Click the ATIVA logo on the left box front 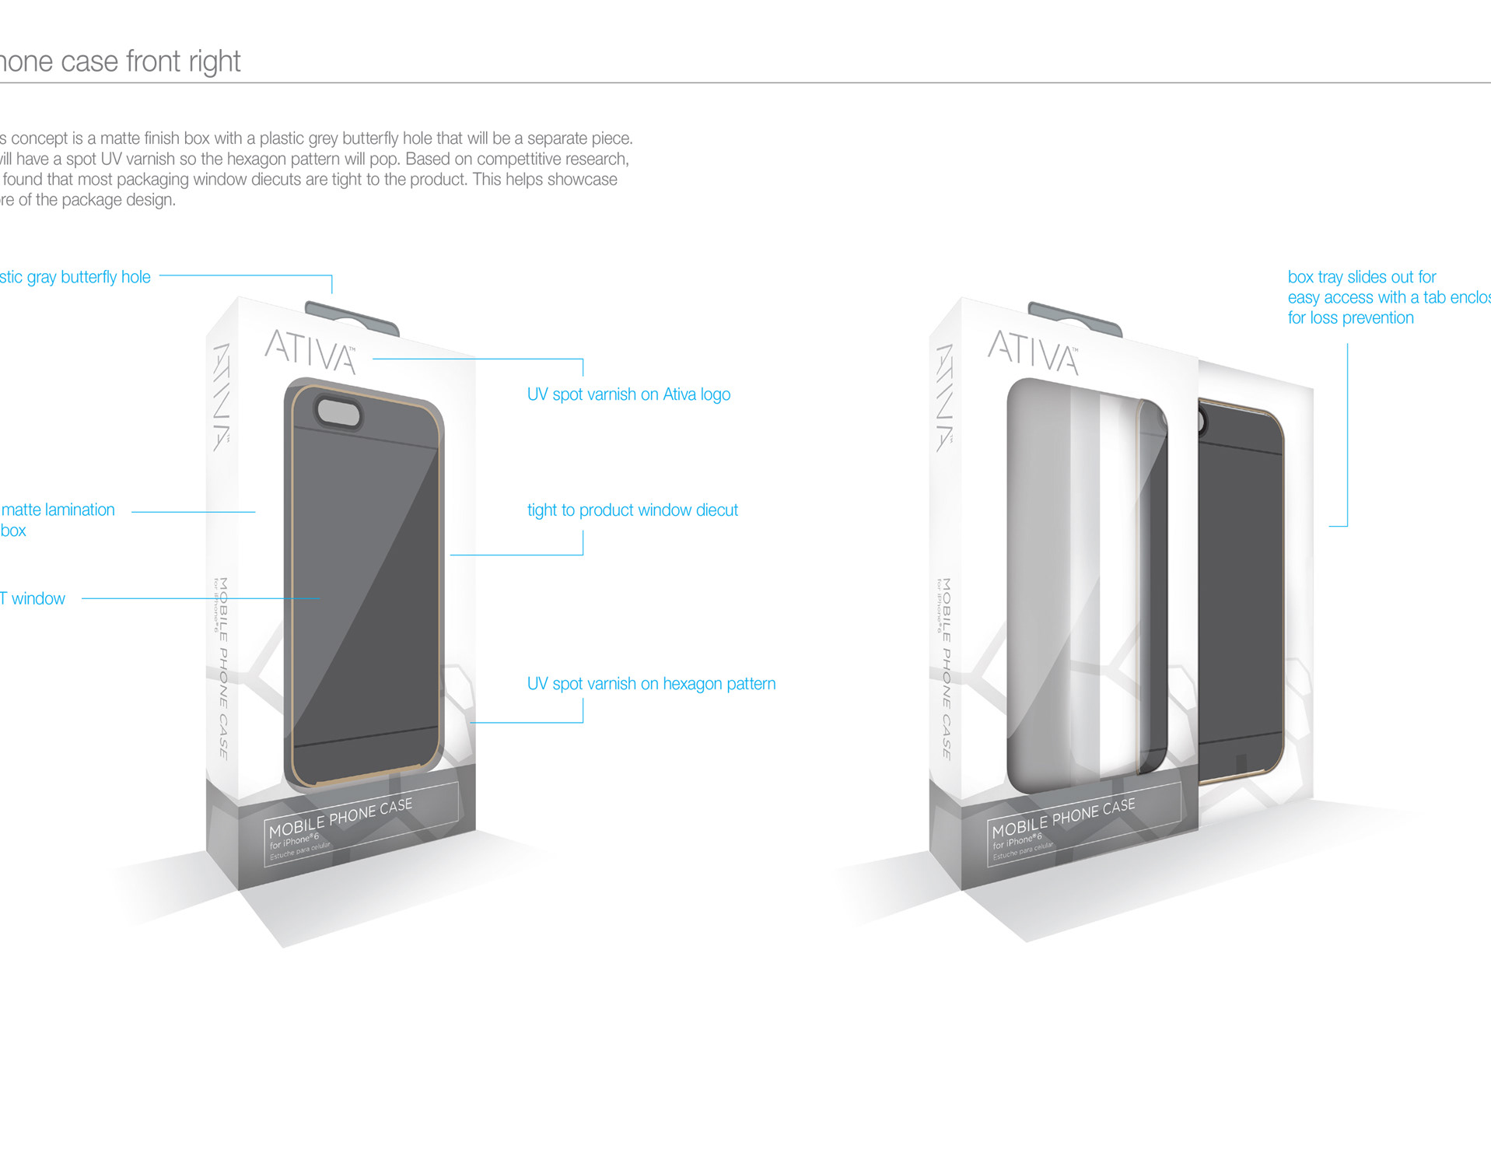pyautogui.click(x=310, y=351)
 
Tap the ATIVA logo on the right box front pyautogui.click(x=1033, y=352)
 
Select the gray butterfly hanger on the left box pyautogui.click(x=352, y=318)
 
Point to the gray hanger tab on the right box pyautogui.click(x=1075, y=317)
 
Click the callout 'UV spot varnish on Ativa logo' pyautogui.click(x=628, y=394)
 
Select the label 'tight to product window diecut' pyautogui.click(x=632, y=510)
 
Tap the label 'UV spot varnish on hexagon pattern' pyautogui.click(x=651, y=684)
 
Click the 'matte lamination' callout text pyautogui.click(x=58, y=510)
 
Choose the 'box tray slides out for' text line pyautogui.click(x=1361, y=277)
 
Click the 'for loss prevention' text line pyautogui.click(x=1350, y=317)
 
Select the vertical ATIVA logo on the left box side pyautogui.click(x=222, y=397)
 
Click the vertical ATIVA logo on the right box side pyautogui.click(x=945, y=397)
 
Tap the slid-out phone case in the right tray pyautogui.click(x=1241, y=591)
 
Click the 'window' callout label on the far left pyautogui.click(x=37, y=598)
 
